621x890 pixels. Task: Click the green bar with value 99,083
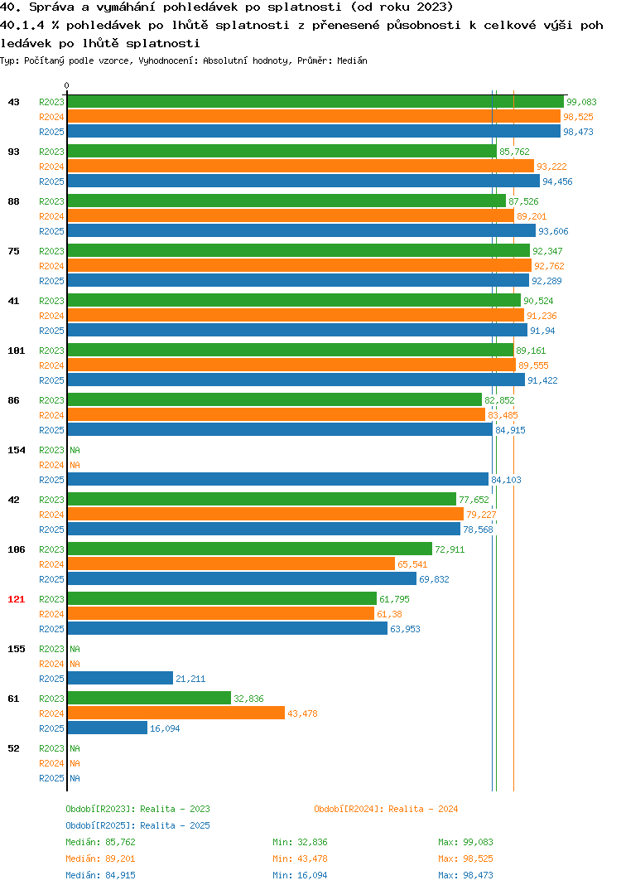(x=315, y=102)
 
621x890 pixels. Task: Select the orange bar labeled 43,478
(x=176, y=713)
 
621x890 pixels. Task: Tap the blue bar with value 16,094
(x=107, y=728)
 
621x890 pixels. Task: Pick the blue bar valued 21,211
(x=120, y=679)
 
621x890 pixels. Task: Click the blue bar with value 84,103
(x=278, y=479)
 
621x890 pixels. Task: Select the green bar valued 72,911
(x=249, y=549)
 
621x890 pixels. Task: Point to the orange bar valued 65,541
(x=231, y=564)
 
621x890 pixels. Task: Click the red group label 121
(x=17, y=599)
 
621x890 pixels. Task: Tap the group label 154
(x=17, y=450)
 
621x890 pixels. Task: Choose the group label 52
(x=13, y=748)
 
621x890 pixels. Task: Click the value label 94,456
(x=557, y=181)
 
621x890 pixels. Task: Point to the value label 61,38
(x=390, y=614)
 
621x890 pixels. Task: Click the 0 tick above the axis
(x=67, y=85)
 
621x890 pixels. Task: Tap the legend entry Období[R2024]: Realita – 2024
(x=386, y=809)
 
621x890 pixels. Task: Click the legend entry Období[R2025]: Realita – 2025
(x=137, y=825)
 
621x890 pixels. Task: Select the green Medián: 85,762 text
(x=100, y=842)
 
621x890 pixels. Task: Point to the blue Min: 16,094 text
(x=300, y=875)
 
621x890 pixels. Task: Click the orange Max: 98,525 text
(x=465, y=859)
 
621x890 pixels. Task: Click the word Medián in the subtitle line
(x=352, y=60)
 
